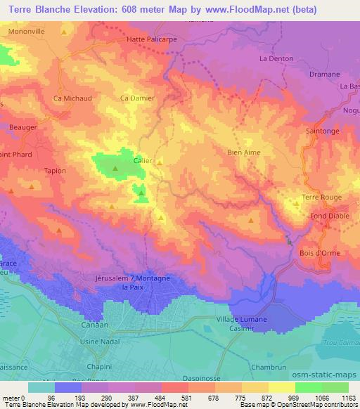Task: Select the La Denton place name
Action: click(276, 59)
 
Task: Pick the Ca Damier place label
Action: click(138, 98)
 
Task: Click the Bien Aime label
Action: click(245, 151)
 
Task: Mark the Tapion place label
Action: click(55, 171)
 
